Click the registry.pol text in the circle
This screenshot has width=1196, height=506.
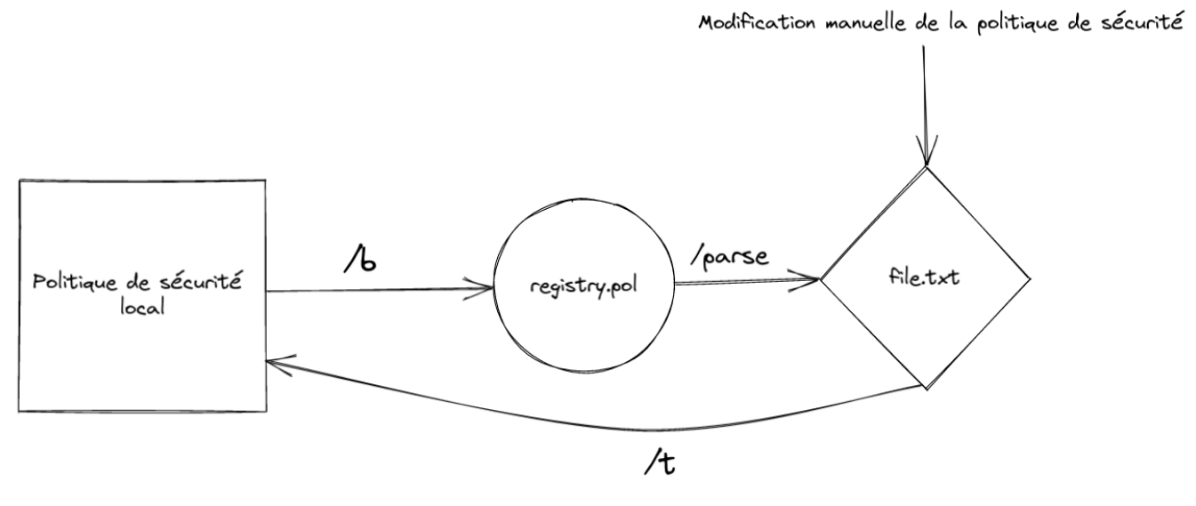pos(584,288)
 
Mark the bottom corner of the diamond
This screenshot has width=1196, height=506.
pos(927,389)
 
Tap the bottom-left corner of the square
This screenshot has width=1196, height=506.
pos(20,411)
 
